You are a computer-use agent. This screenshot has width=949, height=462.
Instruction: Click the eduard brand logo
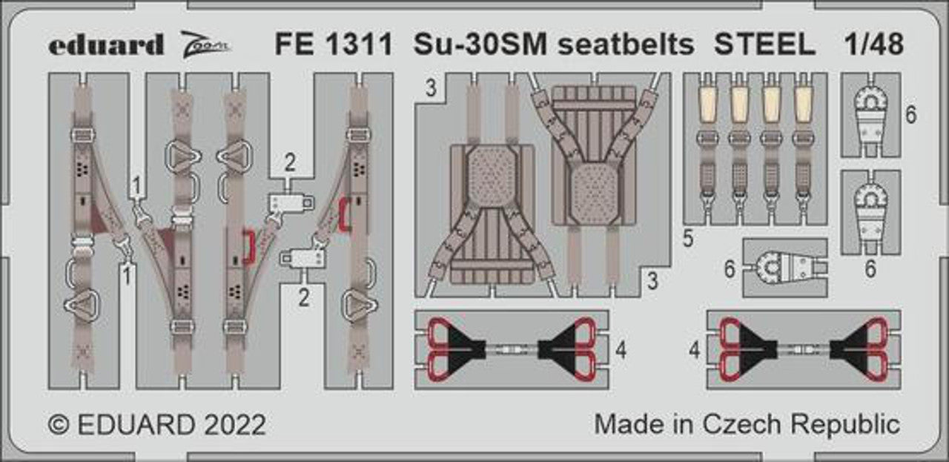106,44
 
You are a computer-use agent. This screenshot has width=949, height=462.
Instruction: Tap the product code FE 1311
334,44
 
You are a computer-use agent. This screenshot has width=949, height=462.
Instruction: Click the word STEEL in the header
764,44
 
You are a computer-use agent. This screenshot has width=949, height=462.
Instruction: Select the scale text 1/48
874,44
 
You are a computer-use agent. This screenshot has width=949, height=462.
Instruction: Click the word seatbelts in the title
626,44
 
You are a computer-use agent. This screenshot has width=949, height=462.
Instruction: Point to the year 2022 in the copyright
235,424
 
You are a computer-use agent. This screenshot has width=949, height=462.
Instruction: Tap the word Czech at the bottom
741,424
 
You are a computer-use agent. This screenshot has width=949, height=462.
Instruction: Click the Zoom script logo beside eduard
205,44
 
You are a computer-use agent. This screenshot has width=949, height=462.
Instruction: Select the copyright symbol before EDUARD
59,424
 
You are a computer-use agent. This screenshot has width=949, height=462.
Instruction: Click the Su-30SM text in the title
480,44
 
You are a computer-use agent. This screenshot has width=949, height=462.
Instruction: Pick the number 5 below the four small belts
689,239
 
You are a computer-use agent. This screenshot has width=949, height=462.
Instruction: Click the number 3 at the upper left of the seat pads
431,88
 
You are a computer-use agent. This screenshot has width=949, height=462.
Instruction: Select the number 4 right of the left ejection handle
621,351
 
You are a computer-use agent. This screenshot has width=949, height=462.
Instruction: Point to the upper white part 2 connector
291,202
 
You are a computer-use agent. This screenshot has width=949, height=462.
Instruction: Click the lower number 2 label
304,298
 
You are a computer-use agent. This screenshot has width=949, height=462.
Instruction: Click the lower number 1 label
127,274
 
